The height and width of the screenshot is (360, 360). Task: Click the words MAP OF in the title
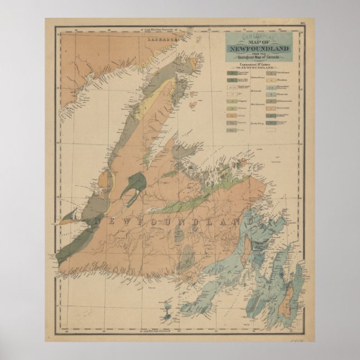(x=259, y=42)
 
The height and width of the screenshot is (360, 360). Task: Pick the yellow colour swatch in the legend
(x=231, y=102)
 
